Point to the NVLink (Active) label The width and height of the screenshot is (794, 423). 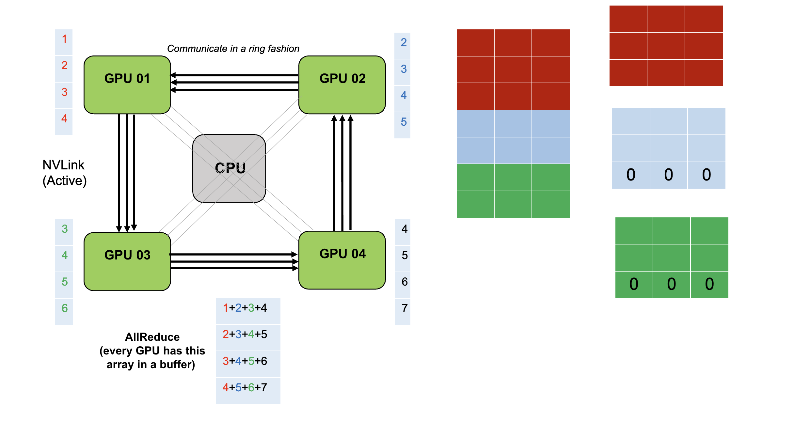[x=64, y=173]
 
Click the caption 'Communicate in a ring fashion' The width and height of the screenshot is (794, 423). [x=233, y=49]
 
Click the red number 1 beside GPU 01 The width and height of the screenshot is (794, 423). [x=64, y=39]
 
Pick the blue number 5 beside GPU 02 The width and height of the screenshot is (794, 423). [x=404, y=122]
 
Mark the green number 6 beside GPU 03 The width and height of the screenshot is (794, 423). [x=65, y=308]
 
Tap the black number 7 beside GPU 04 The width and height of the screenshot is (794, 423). [x=405, y=308]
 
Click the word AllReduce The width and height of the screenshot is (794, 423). [x=152, y=337]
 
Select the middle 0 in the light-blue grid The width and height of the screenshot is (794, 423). [x=668, y=175]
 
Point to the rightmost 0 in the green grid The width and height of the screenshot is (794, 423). [x=709, y=284]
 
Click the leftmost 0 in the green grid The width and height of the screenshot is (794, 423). [x=634, y=284]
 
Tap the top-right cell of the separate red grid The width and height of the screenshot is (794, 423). [x=704, y=19]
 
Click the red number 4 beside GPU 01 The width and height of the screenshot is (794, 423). [x=64, y=118]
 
